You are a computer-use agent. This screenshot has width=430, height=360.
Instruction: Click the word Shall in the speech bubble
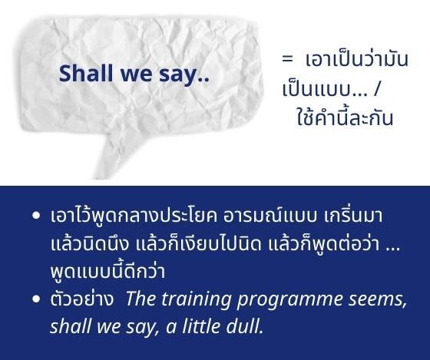(86, 73)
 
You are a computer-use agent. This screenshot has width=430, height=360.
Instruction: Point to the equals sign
(288, 58)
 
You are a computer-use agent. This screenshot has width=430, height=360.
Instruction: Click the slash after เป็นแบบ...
(376, 89)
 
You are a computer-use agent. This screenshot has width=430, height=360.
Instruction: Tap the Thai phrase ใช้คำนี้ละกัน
(345, 117)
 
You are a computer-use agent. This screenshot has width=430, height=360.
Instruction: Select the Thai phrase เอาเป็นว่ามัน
(357, 58)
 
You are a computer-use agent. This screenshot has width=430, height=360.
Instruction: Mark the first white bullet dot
(36, 216)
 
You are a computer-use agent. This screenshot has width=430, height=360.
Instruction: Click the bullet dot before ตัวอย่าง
(36, 299)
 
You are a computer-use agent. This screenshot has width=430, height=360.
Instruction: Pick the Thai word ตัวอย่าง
(81, 299)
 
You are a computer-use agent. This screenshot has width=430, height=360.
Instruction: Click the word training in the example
(197, 299)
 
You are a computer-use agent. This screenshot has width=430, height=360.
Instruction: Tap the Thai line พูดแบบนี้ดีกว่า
(107, 271)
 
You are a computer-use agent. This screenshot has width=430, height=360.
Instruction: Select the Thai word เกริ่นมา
(353, 216)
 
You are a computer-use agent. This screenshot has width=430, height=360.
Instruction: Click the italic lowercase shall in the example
(70, 326)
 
